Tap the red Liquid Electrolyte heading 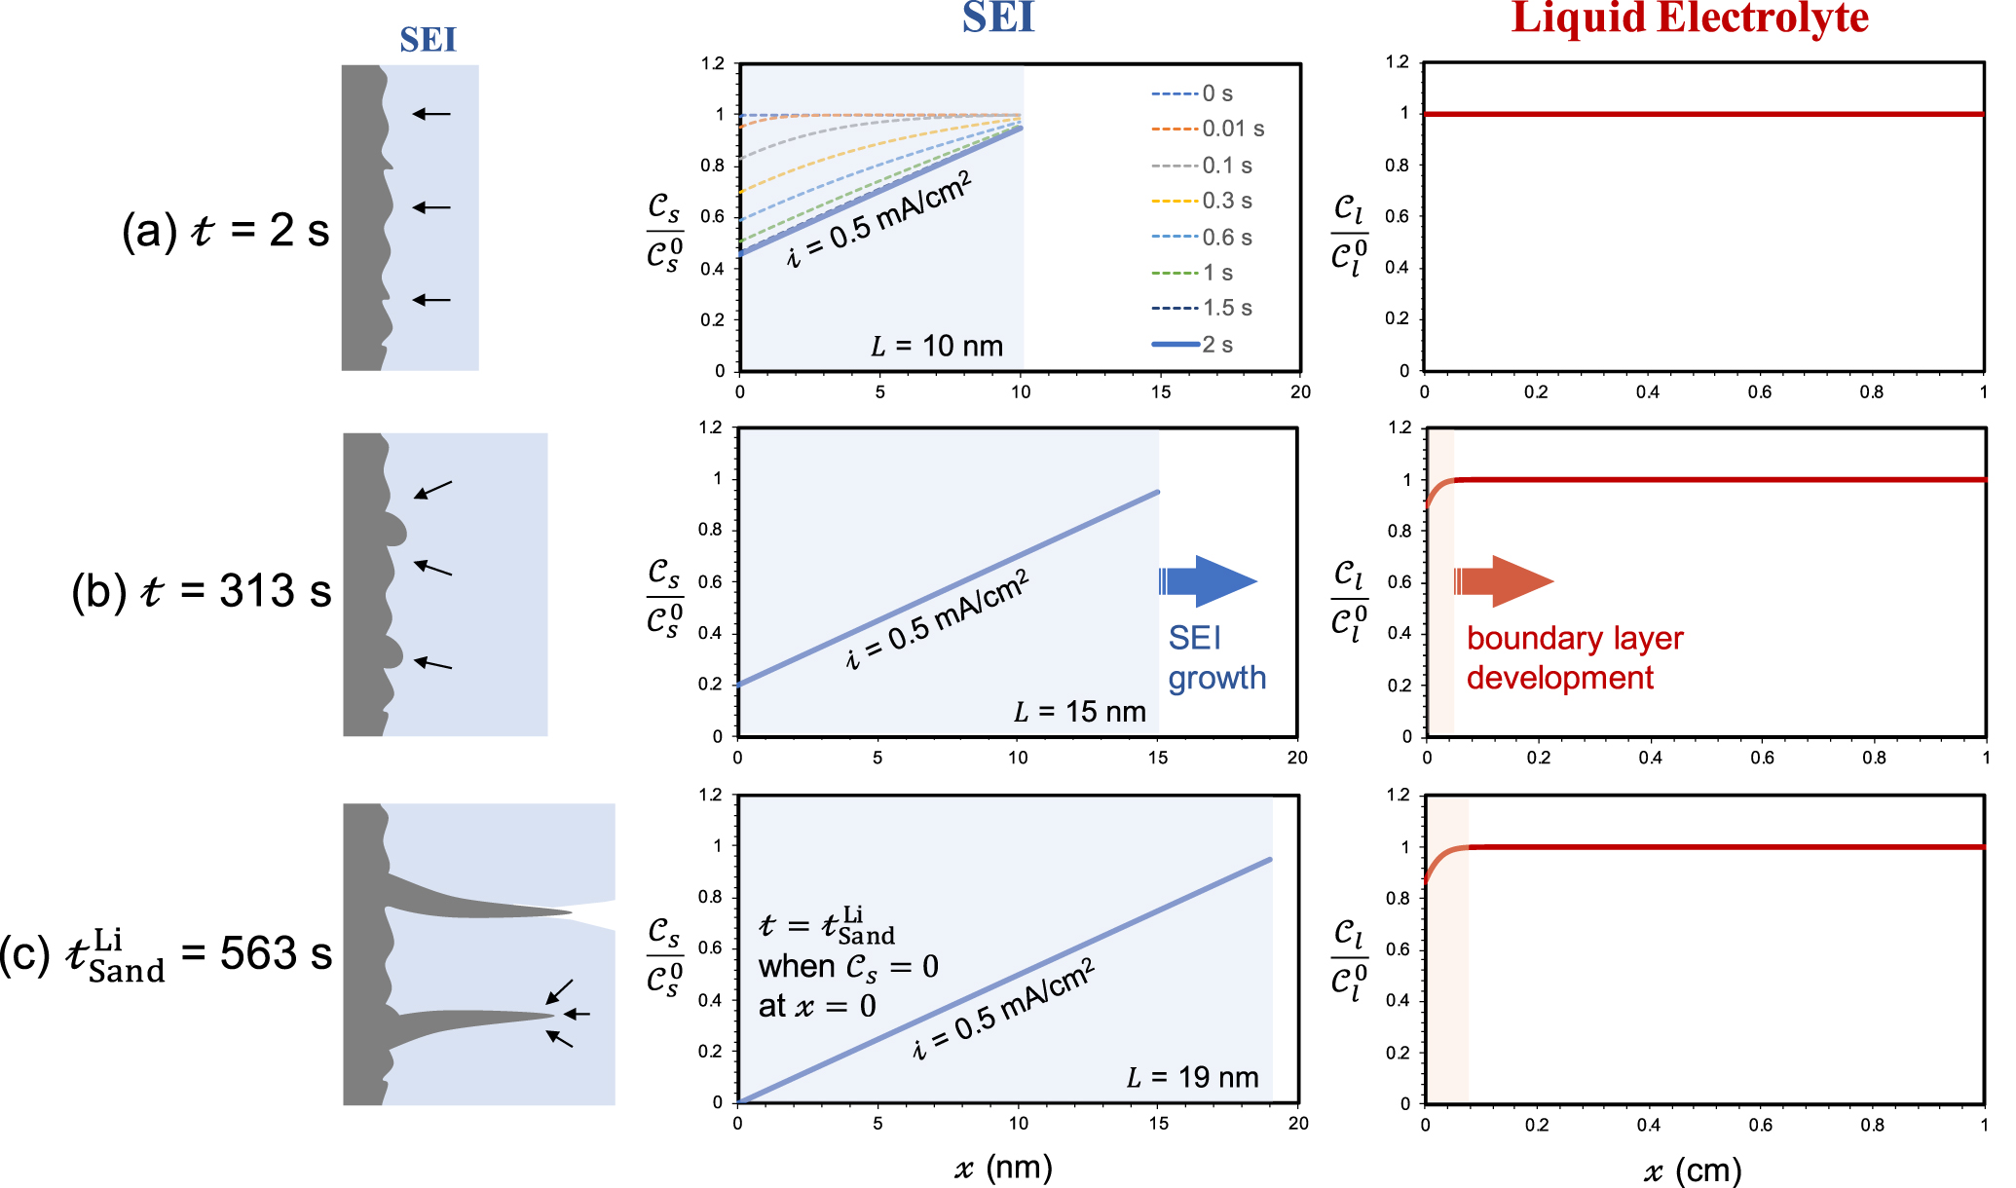tap(1690, 18)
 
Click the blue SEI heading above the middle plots tap(997, 18)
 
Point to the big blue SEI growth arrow tap(1208, 581)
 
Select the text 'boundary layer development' tap(1574, 658)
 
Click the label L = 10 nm tap(936, 347)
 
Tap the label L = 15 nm tap(1079, 712)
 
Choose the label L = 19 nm tap(1192, 1078)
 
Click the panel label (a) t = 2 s tap(225, 231)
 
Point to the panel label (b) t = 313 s tap(201, 591)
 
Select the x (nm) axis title tap(1003, 1168)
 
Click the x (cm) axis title tap(1692, 1169)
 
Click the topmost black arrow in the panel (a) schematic tap(431, 114)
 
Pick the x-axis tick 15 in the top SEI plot tap(1160, 392)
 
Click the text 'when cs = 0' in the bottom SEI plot tap(848, 967)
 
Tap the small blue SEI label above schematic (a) tap(428, 40)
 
